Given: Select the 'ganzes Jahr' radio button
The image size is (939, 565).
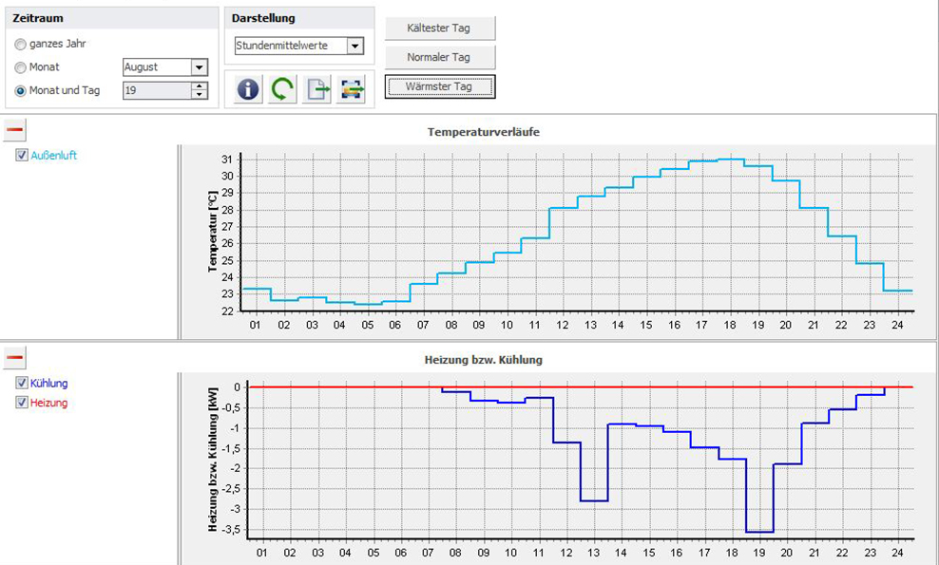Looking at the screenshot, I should (20, 44).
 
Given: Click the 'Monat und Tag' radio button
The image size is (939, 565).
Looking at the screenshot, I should (20, 91).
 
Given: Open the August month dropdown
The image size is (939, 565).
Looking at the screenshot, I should (199, 67).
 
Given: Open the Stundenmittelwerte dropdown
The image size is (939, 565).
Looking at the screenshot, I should (355, 46).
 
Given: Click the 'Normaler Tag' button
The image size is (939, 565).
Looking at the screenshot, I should (439, 57).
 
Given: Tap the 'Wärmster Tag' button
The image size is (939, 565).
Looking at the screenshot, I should (439, 86).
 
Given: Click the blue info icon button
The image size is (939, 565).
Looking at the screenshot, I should (248, 89).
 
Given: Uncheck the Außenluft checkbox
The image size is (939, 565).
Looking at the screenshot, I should (22, 156).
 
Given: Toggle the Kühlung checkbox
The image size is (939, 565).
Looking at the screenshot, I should (22, 384).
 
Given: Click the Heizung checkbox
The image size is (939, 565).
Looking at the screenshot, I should (22, 403).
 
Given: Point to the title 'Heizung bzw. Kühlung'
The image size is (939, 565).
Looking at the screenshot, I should (483, 360).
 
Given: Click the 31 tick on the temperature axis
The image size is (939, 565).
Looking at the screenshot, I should (227, 159).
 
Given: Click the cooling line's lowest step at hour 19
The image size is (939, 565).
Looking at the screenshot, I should (759, 532).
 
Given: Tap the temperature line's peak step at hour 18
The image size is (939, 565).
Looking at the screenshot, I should (731, 159).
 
